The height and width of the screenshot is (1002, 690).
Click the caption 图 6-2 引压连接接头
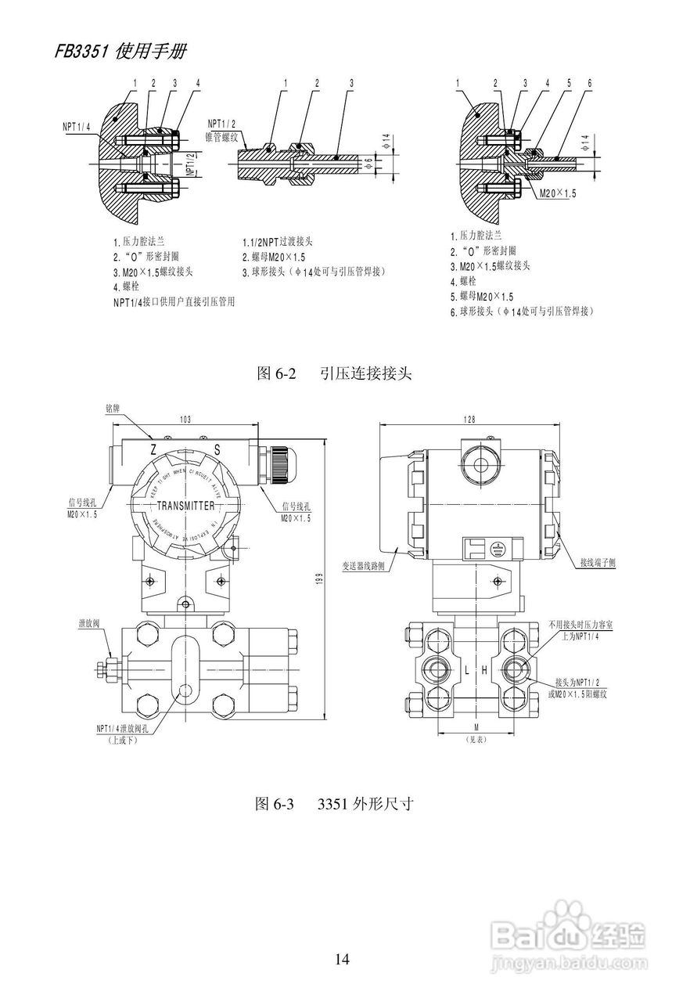(333, 373)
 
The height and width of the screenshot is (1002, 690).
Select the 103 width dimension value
(185, 420)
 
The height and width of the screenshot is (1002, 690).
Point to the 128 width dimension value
(469, 420)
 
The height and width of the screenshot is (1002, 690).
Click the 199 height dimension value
(319, 578)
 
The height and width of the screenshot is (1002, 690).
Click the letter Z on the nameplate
(153, 449)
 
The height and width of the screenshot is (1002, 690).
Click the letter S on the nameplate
(217, 449)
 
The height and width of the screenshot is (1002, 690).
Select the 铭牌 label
(113, 408)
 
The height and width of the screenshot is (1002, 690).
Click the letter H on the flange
(484, 670)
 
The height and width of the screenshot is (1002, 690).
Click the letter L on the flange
(466, 670)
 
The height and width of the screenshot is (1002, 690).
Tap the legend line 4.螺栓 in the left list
(126, 287)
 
